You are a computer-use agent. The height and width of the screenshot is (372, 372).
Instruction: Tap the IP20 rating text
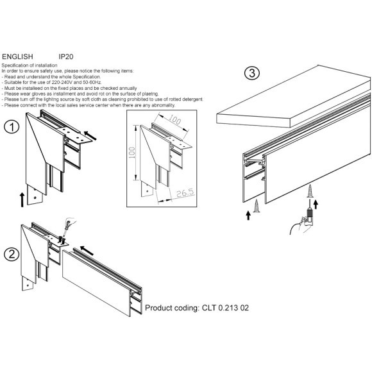click(67, 56)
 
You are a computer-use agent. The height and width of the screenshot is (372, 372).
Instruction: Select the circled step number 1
click(11, 127)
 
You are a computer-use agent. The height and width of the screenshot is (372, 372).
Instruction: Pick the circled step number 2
click(11, 255)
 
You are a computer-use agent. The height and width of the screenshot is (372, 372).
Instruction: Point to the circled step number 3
click(253, 73)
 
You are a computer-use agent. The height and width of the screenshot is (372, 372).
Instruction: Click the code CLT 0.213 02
click(225, 308)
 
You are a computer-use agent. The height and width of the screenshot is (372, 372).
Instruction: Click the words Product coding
click(172, 308)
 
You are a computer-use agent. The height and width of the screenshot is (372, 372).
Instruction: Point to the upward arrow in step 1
click(22, 198)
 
